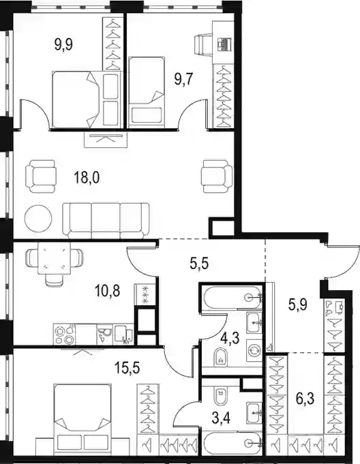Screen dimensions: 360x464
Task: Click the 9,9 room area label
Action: point(63,45)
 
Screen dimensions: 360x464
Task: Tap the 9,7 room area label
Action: point(184,79)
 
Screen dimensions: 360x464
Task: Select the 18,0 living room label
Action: point(87,178)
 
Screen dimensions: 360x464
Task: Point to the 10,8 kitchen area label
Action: point(107,291)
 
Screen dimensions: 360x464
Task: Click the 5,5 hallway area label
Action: point(199,262)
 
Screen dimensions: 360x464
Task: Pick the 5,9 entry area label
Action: point(298,304)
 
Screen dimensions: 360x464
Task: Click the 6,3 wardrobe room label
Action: point(305,399)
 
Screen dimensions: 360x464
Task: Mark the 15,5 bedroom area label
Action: point(127,369)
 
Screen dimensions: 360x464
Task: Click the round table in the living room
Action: point(38,219)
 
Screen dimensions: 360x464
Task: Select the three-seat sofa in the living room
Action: point(106,221)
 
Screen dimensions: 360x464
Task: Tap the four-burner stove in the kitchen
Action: point(65,335)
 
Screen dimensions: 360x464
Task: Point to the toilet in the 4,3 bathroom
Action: point(220,356)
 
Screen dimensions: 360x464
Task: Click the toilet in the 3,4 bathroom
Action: point(220,397)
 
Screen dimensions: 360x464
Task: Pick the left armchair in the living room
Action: point(41,176)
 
